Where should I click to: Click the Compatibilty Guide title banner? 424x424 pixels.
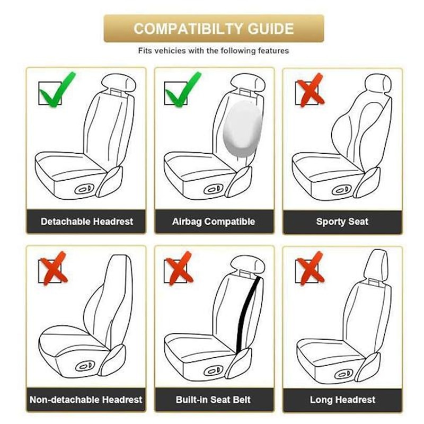click(x=214, y=29)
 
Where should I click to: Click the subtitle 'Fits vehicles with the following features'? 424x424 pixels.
click(x=214, y=50)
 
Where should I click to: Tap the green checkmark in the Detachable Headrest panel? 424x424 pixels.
click(x=57, y=90)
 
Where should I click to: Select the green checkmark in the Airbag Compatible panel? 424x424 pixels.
click(x=183, y=90)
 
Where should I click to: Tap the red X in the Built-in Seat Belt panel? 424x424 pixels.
click(x=179, y=268)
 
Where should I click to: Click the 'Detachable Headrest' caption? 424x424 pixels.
click(x=87, y=222)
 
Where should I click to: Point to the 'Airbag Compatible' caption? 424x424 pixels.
click(x=214, y=222)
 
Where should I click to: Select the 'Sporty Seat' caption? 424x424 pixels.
click(x=342, y=222)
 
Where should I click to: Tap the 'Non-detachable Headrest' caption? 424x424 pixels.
click(x=86, y=400)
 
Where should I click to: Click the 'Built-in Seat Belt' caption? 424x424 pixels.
click(x=213, y=400)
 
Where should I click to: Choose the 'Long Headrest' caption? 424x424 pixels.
click(x=342, y=400)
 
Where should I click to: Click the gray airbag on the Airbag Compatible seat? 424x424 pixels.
click(x=243, y=129)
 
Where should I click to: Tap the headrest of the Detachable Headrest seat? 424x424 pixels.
click(x=118, y=82)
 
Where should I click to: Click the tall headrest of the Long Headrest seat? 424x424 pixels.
click(x=376, y=264)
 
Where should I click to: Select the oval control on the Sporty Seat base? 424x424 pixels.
click(x=341, y=190)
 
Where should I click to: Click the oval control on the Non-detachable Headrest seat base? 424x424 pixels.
click(x=85, y=366)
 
